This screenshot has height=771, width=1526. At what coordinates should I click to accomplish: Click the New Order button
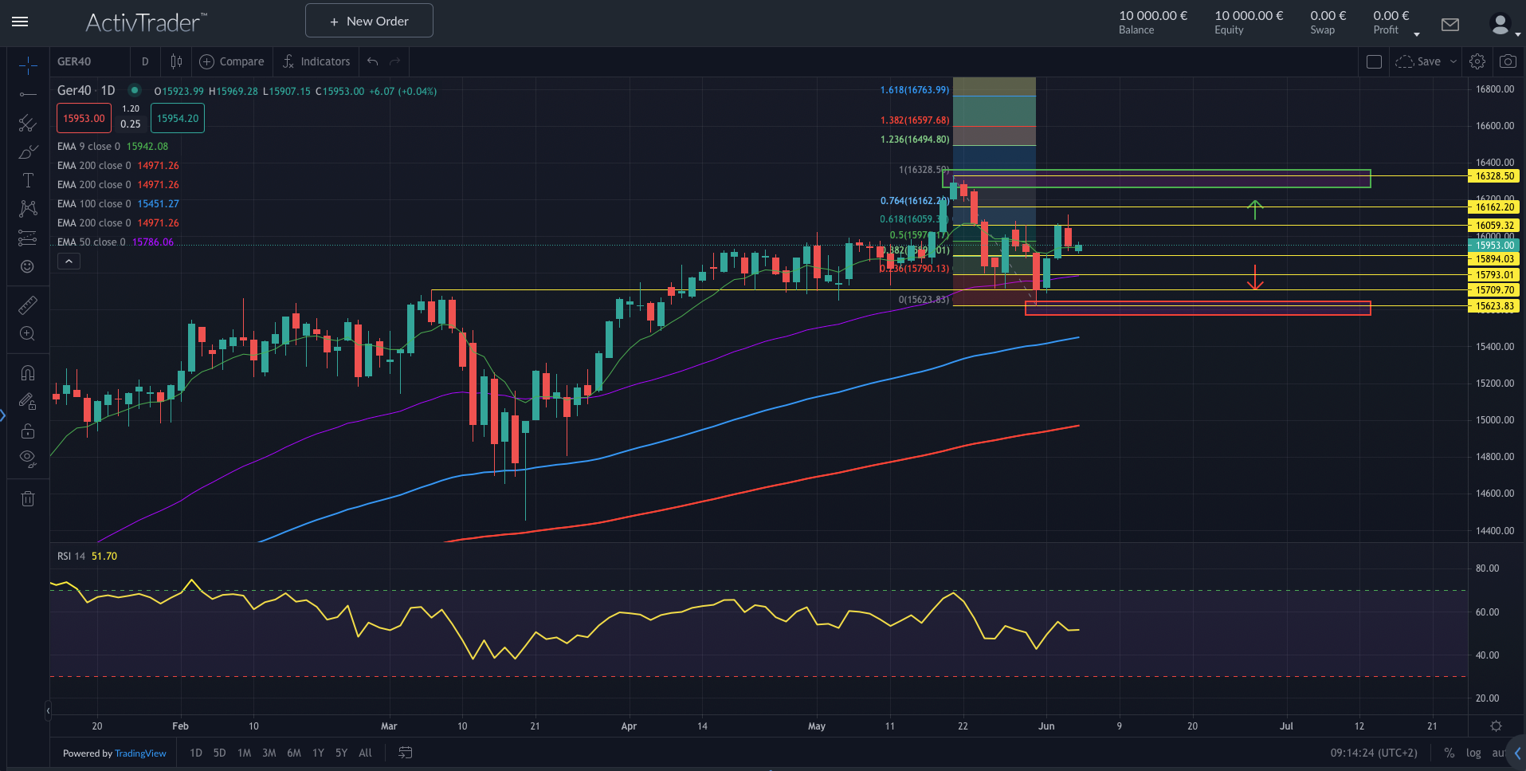(369, 21)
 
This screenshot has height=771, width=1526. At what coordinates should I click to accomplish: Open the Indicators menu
(316, 61)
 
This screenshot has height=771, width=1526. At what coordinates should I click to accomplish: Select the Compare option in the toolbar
(232, 61)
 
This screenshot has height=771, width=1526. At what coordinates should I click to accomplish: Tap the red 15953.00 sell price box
(84, 119)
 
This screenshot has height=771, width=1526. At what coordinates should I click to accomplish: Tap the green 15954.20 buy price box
(178, 119)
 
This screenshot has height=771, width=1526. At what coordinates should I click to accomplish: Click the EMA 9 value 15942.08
(147, 147)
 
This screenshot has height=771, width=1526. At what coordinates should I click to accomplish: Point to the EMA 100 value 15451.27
(158, 204)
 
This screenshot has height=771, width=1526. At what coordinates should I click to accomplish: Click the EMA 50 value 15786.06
(152, 242)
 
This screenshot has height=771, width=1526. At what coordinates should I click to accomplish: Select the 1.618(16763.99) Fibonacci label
(914, 90)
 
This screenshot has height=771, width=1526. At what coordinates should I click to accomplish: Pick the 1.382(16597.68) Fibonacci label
(914, 120)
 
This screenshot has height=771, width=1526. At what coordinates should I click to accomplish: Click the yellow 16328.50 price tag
(1494, 176)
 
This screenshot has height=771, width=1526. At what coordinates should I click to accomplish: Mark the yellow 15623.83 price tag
(1494, 306)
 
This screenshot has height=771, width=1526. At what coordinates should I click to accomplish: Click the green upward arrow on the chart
(1255, 209)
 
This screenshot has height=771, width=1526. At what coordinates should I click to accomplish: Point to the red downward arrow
(1255, 277)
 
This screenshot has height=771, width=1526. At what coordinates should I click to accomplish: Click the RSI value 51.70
(104, 557)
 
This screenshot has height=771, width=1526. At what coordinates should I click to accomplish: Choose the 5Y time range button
(341, 753)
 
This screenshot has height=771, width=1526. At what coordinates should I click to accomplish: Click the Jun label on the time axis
(1046, 726)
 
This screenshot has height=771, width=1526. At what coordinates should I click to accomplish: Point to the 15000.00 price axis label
(1494, 420)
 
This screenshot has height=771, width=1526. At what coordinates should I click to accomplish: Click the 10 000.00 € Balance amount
(1152, 16)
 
